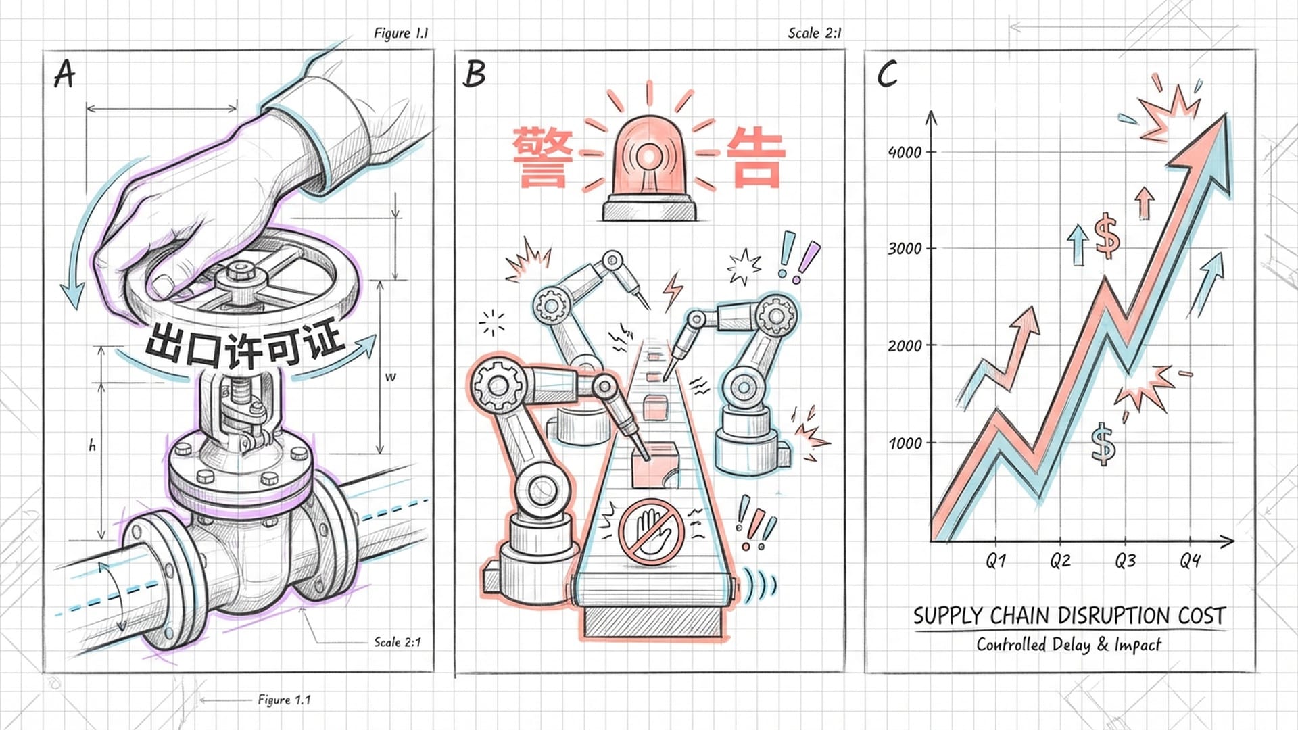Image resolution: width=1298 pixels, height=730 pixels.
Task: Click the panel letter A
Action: point(64,74)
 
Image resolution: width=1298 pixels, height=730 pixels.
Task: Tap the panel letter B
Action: point(475,74)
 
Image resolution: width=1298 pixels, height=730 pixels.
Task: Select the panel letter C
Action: point(887,74)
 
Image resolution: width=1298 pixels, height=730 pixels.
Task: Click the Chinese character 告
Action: point(755,157)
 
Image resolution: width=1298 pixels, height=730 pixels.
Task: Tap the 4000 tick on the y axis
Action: point(905,152)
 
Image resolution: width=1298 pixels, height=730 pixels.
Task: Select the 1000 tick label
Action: point(905,443)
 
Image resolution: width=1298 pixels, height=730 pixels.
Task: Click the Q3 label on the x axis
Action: point(1126,560)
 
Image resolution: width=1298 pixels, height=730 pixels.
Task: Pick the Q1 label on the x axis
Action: point(996,560)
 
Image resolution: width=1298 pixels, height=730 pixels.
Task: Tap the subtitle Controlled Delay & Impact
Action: point(1068,645)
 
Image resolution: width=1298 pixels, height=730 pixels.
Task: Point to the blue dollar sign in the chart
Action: point(1103,444)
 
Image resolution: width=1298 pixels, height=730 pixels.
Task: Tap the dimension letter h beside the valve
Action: point(93,446)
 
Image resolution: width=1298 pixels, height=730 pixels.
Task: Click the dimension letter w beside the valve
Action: point(390,377)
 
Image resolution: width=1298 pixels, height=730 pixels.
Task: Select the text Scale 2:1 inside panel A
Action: point(398,642)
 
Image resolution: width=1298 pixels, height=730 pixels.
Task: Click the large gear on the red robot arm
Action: point(499,386)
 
